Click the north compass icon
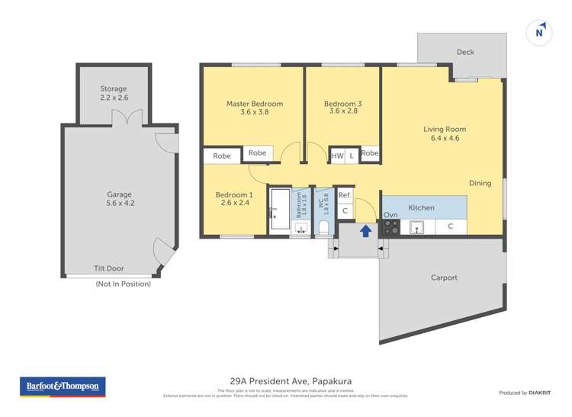(x=539, y=32)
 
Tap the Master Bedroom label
(x=254, y=104)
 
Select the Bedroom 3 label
(x=342, y=104)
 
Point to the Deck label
(x=465, y=52)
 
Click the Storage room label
(x=114, y=89)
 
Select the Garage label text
(x=119, y=194)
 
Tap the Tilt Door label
(x=108, y=268)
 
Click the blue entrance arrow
(x=366, y=229)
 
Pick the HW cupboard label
(x=337, y=156)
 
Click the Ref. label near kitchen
(x=345, y=195)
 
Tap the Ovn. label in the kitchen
(x=390, y=215)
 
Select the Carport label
(x=444, y=277)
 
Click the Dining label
(x=480, y=183)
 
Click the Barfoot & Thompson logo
(x=63, y=387)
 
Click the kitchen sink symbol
(x=417, y=226)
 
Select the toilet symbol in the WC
(x=323, y=227)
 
